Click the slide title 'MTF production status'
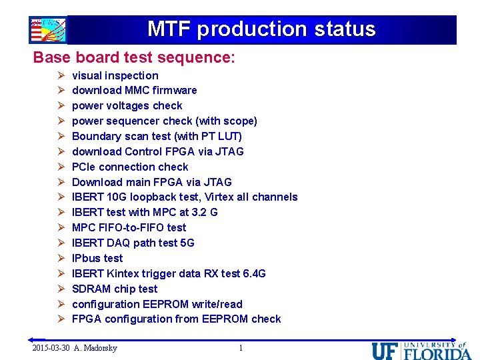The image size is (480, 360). (261, 29)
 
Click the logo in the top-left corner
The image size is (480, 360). (47, 30)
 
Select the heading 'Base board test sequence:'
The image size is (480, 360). (134, 57)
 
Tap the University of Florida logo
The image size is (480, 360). (421, 349)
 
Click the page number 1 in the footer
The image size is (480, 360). (241, 348)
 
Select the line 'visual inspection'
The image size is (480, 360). (115, 75)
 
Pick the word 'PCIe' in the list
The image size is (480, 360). (83, 167)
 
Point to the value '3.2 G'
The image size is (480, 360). (205, 212)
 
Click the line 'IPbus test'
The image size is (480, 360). (97, 258)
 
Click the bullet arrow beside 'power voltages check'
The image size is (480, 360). (59, 105)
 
